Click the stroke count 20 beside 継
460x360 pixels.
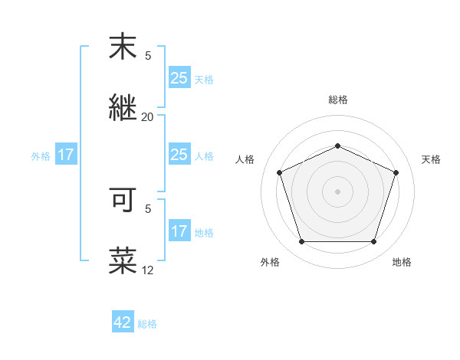click(x=147, y=117)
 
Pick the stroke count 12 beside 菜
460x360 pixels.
click(x=147, y=270)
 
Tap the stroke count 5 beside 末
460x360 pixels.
click(x=148, y=56)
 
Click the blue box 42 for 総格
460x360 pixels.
click(x=123, y=322)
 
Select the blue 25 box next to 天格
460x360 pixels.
click(x=179, y=77)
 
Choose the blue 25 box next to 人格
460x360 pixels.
click(x=179, y=155)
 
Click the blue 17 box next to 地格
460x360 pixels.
click(x=179, y=231)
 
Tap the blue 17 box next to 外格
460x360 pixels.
click(x=66, y=155)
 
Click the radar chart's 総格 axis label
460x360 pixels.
click(x=337, y=100)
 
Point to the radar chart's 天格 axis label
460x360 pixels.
click(x=431, y=159)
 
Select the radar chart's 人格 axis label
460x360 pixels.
click(x=245, y=159)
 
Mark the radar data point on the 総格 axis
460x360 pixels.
click(x=337, y=146)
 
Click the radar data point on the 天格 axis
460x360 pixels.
click(x=396, y=172)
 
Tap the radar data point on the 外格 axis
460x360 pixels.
click(x=301, y=242)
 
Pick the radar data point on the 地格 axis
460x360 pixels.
click(x=373, y=242)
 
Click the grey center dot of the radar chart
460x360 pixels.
click(x=337, y=191)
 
